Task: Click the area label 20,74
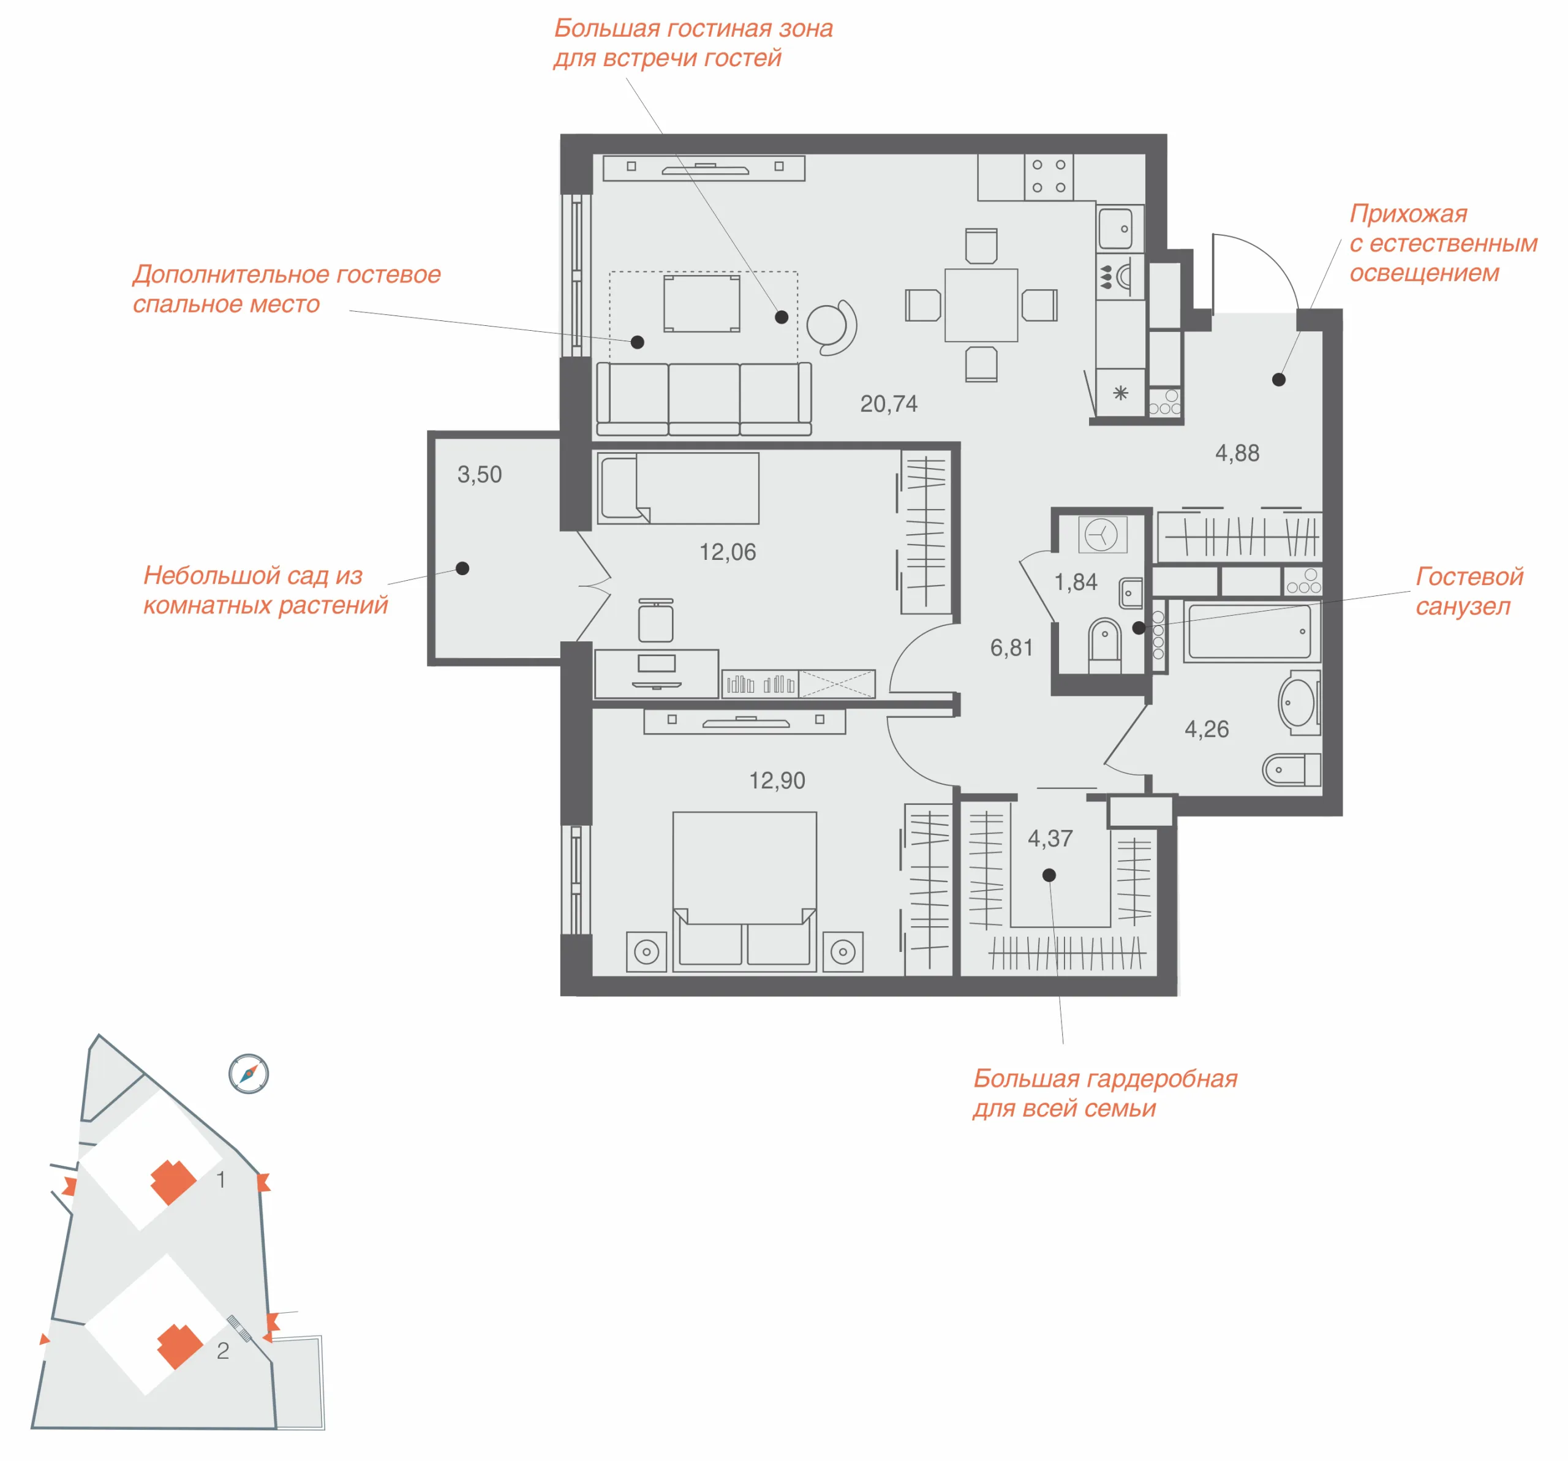point(888,404)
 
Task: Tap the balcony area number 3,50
point(480,474)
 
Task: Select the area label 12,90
point(777,780)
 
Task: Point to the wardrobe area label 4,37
point(1050,839)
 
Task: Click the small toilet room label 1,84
point(1076,582)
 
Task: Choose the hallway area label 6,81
point(1011,647)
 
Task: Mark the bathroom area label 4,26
point(1207,729)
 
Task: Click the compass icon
point(249,1074)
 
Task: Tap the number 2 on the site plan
point(223,1351)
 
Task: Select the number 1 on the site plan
point(221,1179)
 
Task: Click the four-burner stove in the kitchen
point(1049,176)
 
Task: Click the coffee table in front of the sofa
point(702,304)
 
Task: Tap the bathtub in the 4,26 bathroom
point(1253,631)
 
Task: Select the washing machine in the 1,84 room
point(1102,535)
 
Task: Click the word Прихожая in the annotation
point(1408,214)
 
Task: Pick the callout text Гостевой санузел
point(1469,591)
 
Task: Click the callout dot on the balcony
point(463,568)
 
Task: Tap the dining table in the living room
point(981,304)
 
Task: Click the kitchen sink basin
point(1115,227)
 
